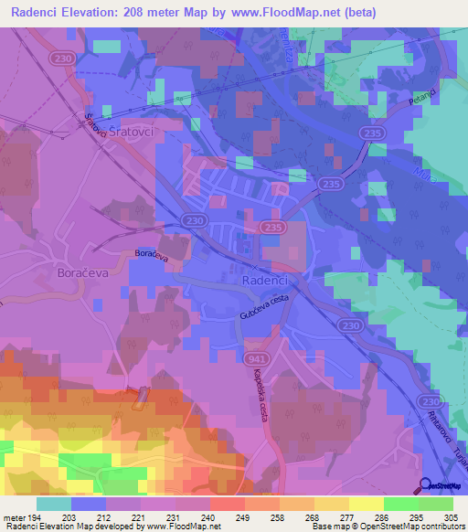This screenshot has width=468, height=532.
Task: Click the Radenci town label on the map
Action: (x=266, y=282)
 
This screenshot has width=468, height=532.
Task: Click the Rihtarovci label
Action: (x=432, y=433)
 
